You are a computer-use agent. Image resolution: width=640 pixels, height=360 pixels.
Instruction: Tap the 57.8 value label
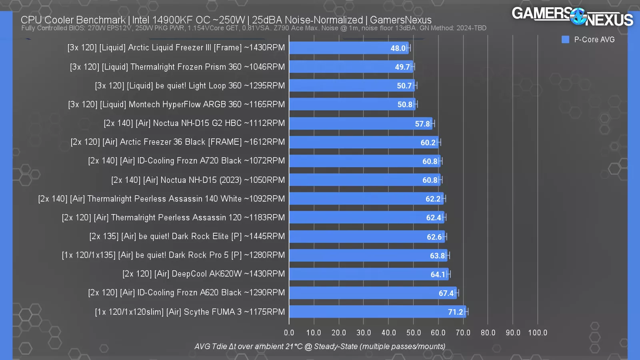pyautogui.click(x=422, y=124)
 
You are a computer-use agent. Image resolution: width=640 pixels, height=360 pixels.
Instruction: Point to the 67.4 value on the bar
pyautogui.click(x=446, y=293)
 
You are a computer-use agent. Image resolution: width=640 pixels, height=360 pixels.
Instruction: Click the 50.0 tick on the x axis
pyautogui.click(x=414, y=333)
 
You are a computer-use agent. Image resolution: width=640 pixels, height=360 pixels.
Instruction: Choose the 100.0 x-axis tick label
pyautogui.click(x=538, y=333)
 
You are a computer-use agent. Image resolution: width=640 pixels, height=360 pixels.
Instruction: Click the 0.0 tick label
pyautogui.click(x=289, y=333)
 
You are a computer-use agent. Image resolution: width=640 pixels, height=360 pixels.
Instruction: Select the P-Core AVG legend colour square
pyautogui.click(x=565, y=40)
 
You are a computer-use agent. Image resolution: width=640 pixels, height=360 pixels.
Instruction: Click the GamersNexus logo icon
pyautogui.click(x=578, y=16)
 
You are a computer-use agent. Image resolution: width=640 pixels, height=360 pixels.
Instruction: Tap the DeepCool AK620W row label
pyautogui.click(x=204, y=274)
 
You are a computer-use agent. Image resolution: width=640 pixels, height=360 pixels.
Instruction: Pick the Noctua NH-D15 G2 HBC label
pyautogui.click(x=194, y=123)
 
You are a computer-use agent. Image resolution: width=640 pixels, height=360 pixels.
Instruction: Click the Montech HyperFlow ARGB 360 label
pyautogui.click(x=176, y=104)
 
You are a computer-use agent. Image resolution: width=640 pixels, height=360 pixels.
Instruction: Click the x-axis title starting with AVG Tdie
pyautogui.click(x=320, y=346)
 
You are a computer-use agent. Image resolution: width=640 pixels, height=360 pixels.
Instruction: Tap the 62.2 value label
pyautogui.click(x=433, y=199)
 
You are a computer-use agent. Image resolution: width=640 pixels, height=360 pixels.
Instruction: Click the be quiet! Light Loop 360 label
pyautogui.click(x=190, y=86)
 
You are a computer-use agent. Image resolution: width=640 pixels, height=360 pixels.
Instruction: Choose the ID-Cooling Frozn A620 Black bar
pyautogui.click(x=372, y=293)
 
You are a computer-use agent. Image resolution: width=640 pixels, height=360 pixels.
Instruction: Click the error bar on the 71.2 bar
pyautogui.click(x=466, y=312)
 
